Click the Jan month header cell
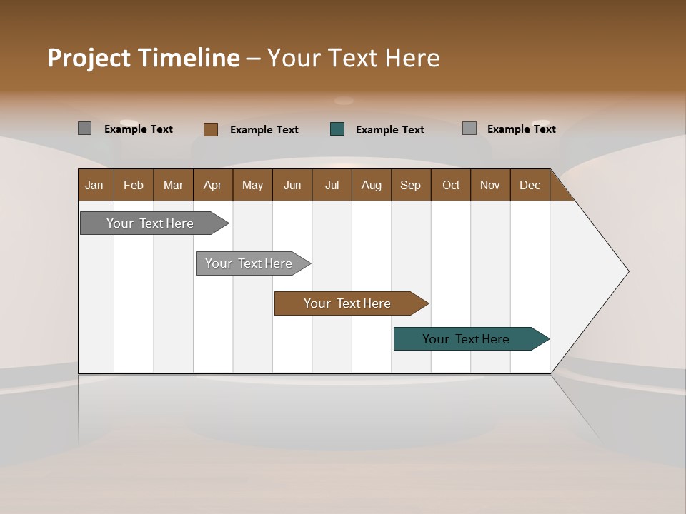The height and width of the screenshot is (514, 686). point(95,185)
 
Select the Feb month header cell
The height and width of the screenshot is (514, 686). point(134,185)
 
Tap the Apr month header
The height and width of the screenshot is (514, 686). point(213,185)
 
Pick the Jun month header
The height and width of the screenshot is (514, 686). point(292,185)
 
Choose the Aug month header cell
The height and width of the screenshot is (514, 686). point(372,185)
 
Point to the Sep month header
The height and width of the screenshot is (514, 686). point(411,185)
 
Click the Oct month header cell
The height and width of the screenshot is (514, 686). point(451,185)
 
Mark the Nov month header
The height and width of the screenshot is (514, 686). point(490,185)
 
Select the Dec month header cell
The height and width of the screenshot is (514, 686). point(530,185)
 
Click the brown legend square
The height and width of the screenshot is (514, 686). point(211,129)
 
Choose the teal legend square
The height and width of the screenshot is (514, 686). point(337,129)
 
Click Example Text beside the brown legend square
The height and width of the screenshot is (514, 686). point(264,130)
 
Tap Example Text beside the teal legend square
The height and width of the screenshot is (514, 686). point(390,130)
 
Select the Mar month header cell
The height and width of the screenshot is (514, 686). point(173,185)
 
